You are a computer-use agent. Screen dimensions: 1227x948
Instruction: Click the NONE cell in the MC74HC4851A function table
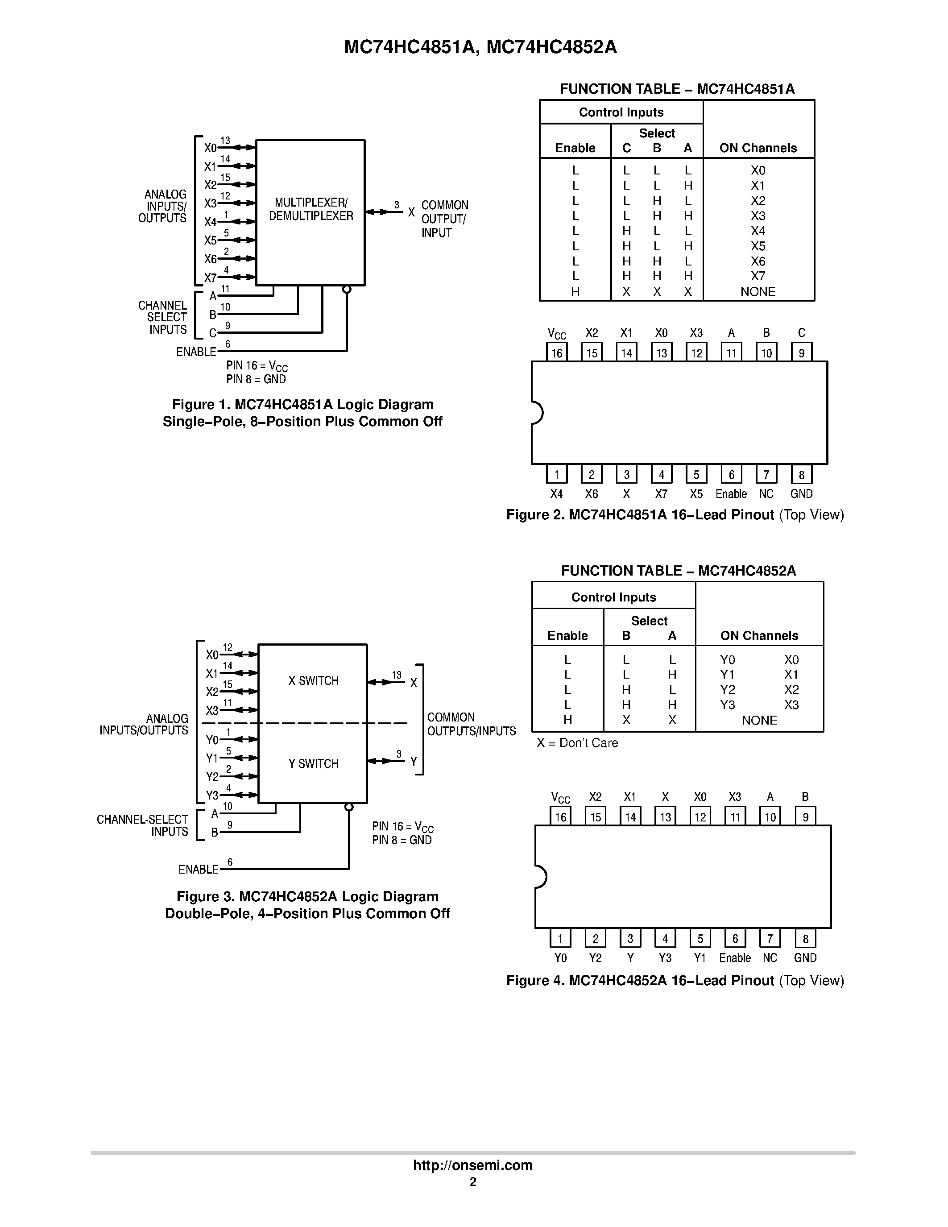(758, 292)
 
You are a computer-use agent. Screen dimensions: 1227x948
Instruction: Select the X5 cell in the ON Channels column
(758, 246)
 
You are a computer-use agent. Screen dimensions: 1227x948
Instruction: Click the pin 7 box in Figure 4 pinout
(770, 938)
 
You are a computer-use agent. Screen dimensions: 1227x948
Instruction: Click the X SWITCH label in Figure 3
(313, 681)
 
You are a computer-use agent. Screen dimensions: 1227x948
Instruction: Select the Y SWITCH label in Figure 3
(313, 763)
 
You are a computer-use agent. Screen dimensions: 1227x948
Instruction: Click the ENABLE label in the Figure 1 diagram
(196, 352)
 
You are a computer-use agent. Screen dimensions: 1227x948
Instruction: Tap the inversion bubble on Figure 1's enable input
(347, 289)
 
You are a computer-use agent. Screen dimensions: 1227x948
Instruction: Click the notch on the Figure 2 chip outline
(536, 413)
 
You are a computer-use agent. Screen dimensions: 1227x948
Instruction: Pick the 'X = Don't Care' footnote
(577, 743)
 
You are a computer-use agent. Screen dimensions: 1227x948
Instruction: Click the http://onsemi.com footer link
(472, 1165)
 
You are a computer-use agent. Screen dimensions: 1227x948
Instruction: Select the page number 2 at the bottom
(473, 1181)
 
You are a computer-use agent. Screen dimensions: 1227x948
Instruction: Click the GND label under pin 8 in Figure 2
(801, 494)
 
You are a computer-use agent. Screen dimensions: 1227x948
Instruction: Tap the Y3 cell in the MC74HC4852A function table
(727, 705)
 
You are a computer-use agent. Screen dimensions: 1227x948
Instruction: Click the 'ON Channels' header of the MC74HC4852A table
(759, 635)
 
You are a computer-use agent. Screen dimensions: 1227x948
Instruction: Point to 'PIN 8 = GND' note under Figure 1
(256, 379)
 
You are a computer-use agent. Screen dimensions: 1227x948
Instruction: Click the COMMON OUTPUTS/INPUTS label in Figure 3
(471, 724)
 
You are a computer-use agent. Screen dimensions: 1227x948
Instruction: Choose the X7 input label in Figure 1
(210, 278)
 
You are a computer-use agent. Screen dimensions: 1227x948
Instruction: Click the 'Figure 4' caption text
(675, 980)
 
